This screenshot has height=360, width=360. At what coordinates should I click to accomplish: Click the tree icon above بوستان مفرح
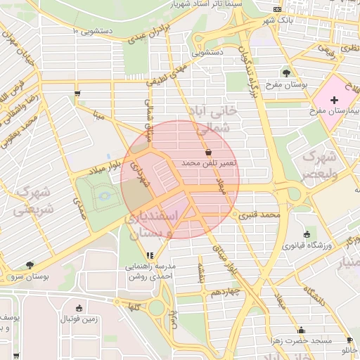pyautogui.click(x=286, y=72)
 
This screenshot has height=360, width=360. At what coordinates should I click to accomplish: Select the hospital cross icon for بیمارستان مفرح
pyautogui.click(x=333, y=100)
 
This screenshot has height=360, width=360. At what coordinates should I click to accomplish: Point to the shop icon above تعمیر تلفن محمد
pyautogui.click(x=208, y=152)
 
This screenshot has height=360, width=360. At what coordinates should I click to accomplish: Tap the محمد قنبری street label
pyautogui.click(x=260, y=214)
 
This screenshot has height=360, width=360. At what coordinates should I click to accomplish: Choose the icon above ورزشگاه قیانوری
pyautogui.click(x=306, y=234)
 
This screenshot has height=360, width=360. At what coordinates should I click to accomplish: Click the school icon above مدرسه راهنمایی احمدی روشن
pyautogui.click(x=148, y=256)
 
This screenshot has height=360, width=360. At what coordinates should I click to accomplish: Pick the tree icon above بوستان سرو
pyautogui.click(x=29, y=265)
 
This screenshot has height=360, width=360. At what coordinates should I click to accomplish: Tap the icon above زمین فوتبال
pyautogui.click(x=79, y=307)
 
